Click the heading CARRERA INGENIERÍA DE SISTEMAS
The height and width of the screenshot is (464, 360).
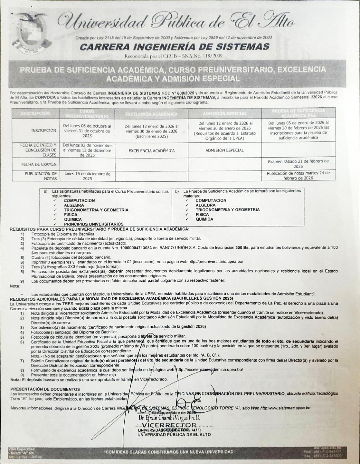pyautogui.click(x=174, y=47)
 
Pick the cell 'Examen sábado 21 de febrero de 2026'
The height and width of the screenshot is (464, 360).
pyautogui.click(x=298, y=164)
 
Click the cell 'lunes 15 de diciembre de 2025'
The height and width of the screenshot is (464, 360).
pyautogui.click(x=87, y=176)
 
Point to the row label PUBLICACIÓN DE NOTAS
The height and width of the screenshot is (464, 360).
pyautogui.click(x=41, y=176)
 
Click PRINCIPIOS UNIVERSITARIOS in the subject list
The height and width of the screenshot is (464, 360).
pyautogui.click(x=93, y=224)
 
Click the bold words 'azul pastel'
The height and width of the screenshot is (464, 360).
pyautogui.click(x=150, y=281)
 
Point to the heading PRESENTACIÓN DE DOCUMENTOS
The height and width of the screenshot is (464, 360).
pyautogui.click(x=40, y=389)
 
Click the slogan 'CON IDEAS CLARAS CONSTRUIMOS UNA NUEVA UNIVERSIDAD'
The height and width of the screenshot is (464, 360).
pyautogui.click(x=170, y=452)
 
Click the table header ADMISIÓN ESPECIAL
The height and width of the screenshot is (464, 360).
pyautogui.click(x=225, y=114)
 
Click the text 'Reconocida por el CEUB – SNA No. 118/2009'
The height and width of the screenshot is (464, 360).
pyautogui.click(x=173, y=56)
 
